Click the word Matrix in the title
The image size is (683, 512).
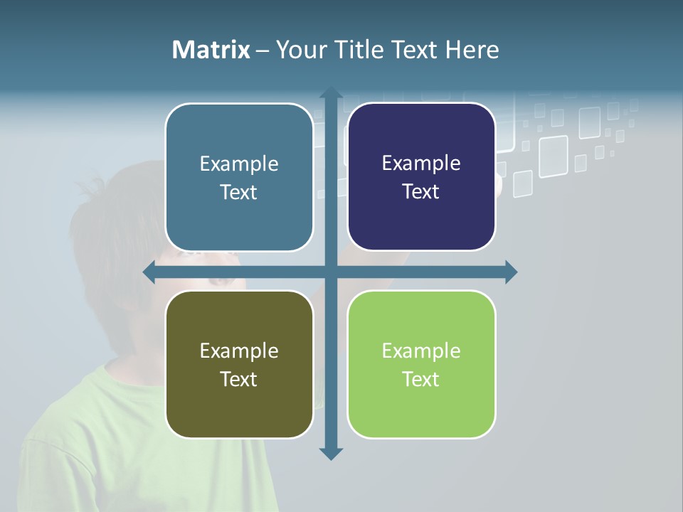click(x=211, y=50)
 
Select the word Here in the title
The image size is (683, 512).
click(x=472, y=50)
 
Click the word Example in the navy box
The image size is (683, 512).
click(x=421, y=163)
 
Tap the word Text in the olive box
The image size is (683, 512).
click(x=239, y=379)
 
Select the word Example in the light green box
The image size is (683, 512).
click(x=421, y=351)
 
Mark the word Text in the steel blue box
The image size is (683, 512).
click(x=239, y=192)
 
